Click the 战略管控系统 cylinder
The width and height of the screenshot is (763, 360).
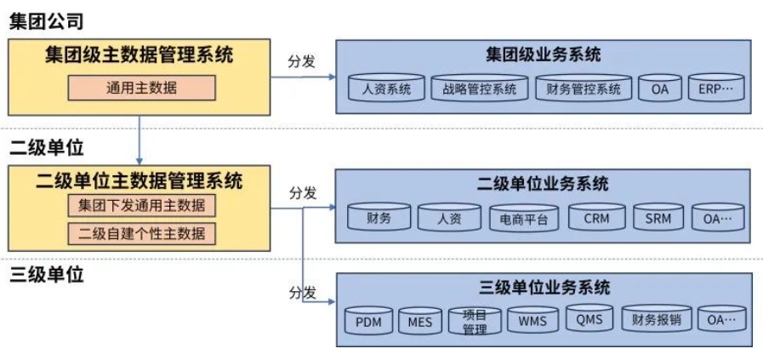[x=480, y=89]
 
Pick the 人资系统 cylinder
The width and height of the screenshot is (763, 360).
[x=385, y=89]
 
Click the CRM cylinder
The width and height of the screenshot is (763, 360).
[x=596, y=218]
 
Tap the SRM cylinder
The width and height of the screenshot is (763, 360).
[x=657, y=218]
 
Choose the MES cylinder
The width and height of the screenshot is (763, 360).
[x=419, y=321]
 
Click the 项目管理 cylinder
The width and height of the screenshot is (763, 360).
[x=475, y=321]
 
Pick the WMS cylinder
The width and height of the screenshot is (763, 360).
[x=532, y=321]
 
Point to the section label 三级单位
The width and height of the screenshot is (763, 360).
[x=47, y=274]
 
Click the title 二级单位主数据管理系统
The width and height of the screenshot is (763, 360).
[x=140, y=180]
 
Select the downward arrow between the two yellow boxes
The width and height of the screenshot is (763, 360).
[x=139, y=140]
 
